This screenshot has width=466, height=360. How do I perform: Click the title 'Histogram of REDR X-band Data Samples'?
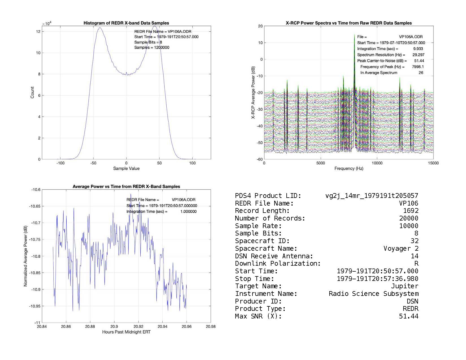[126, 23]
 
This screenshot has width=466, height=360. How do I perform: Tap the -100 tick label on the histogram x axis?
[60, 163]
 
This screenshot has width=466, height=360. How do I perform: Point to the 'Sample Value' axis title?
[126, 169]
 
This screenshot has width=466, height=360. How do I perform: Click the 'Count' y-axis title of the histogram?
[32, 93]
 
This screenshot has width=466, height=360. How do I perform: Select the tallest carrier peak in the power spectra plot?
[354, 35]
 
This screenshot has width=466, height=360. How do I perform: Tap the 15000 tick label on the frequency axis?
[433, 163]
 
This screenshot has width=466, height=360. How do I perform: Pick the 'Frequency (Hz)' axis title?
[349, 169]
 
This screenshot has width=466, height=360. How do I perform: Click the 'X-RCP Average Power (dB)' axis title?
[253, 93]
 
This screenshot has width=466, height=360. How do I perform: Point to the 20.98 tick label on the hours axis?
[211, 327]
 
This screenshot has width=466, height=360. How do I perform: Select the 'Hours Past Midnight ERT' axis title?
[126, 332]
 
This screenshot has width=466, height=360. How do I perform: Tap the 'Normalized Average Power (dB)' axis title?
[25, 256]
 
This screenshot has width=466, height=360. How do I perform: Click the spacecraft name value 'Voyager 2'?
[401, 248]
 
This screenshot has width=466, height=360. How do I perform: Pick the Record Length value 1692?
[411, 211]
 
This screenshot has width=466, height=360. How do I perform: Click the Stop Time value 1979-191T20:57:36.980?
[378, 279]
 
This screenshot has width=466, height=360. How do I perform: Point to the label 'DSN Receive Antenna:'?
[274, 256]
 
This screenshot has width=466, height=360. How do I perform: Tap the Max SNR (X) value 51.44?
[408, 316]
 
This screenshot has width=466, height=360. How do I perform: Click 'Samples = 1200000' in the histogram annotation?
[152, 47]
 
